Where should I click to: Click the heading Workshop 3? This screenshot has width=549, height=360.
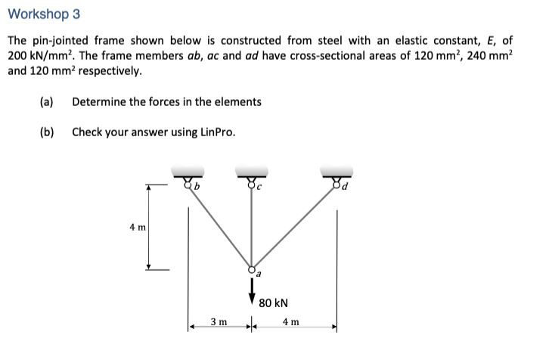coord(43,14)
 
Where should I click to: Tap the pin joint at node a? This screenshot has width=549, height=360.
coord(252,269)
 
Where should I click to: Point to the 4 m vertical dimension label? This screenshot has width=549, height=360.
coord(140,225)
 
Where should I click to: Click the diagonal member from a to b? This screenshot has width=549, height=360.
coord(220,225)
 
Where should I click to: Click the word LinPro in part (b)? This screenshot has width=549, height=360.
coord(218,132)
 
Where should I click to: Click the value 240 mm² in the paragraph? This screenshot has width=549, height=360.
coord(488,57)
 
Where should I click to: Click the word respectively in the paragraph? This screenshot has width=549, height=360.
coord(109,72)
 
